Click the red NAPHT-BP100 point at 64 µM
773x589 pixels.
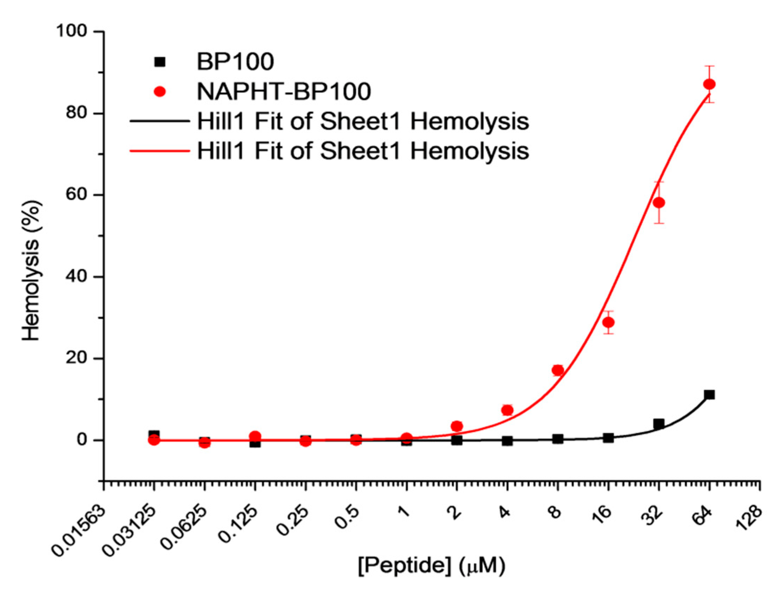[709, 84]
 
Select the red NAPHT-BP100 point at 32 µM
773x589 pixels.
[659, 203]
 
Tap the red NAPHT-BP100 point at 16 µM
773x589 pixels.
[608, 322]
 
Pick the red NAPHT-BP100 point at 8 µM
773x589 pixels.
[558, 370]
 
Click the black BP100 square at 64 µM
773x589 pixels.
[709, 395]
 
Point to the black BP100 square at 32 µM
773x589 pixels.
[659, 424]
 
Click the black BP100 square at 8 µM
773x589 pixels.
[558, 438]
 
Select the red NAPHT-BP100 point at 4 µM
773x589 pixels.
[507, 410]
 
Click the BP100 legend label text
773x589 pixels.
[235, 62]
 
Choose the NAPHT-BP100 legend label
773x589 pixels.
[284, 92]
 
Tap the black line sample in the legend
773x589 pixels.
[159, 121]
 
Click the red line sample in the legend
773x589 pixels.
[159, 151]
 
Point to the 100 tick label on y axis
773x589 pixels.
[71, 31]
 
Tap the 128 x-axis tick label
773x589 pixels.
[749, 518]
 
